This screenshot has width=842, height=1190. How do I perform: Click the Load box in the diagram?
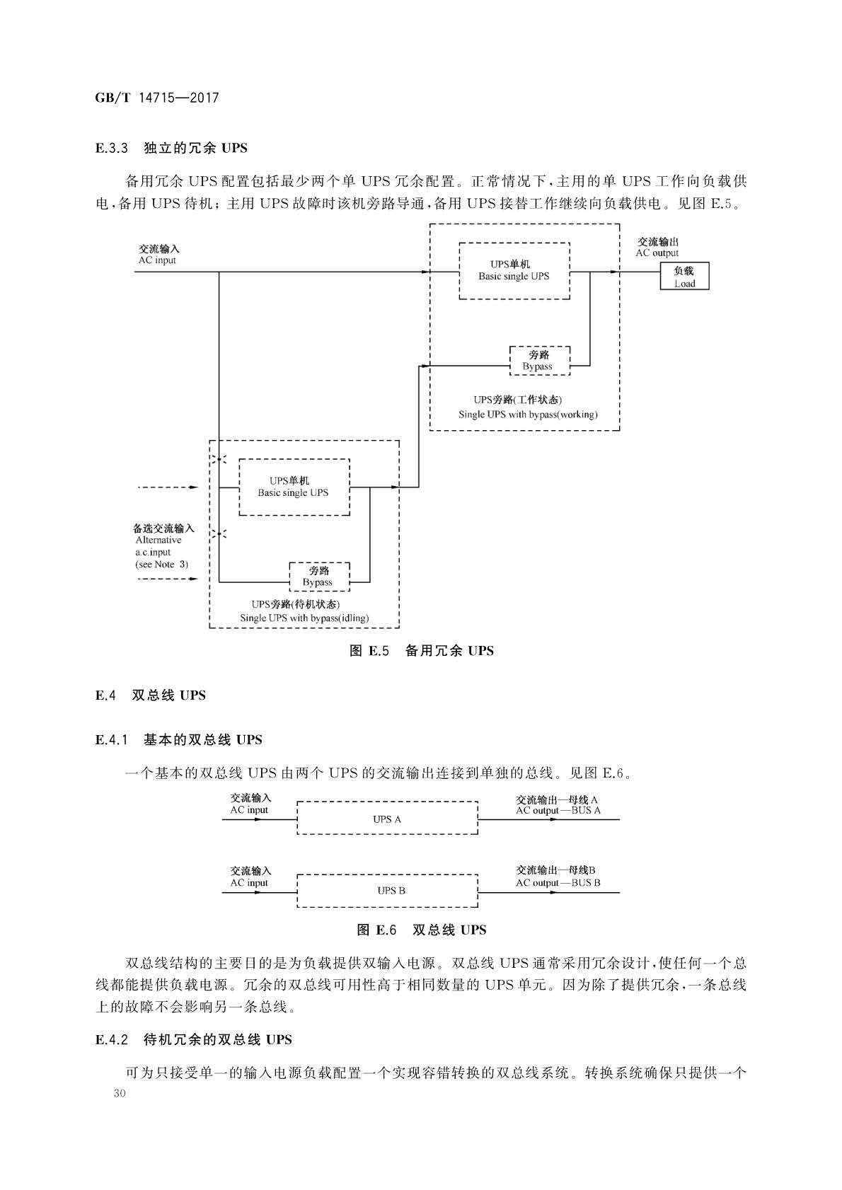click(684, 276)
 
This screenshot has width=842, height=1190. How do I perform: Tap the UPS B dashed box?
click(387, 891)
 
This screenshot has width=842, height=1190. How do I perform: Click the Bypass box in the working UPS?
click(540, 361)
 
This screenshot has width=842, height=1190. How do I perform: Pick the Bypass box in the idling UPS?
click(319, 577)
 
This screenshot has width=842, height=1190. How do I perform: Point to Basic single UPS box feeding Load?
click(514, 271)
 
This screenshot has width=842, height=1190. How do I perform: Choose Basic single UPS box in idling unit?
click(294, 487)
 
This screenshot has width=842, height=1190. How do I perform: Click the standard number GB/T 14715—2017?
click(157, 98)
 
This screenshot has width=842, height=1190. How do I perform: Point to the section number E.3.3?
click(112, 148)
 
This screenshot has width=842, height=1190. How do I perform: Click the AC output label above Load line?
click(657, 253)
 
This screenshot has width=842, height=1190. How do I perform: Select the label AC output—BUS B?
click(558, 883)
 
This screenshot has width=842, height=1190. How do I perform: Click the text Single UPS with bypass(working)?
click(528, 415)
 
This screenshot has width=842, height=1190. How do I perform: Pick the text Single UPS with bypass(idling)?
click(304, 618)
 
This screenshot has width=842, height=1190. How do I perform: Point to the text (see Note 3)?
click(161, 564)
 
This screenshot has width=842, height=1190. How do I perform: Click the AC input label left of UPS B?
click(249, 883)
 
